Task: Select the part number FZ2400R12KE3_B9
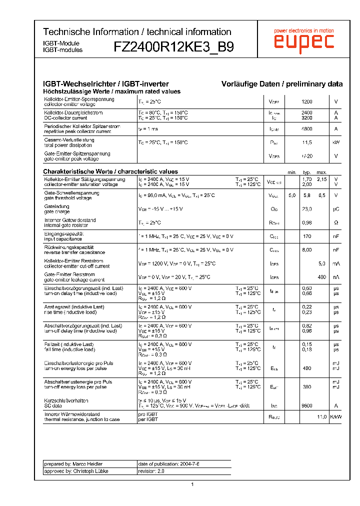coord(173,47)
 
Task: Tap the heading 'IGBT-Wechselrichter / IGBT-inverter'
coord(106,84)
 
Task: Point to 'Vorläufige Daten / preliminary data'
coord(282,84)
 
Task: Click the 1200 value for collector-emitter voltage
coord(307,101)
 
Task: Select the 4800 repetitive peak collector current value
coord(307,129)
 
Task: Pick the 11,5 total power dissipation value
coord(307,142)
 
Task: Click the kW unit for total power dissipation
coord(336,142)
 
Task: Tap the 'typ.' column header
coord(306,172)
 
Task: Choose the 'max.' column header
coord(321,172)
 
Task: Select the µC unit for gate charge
coord(336,209)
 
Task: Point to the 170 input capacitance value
coord(307,236)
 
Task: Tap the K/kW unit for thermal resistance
coord(336,416)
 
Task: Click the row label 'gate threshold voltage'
coord(68,198)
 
